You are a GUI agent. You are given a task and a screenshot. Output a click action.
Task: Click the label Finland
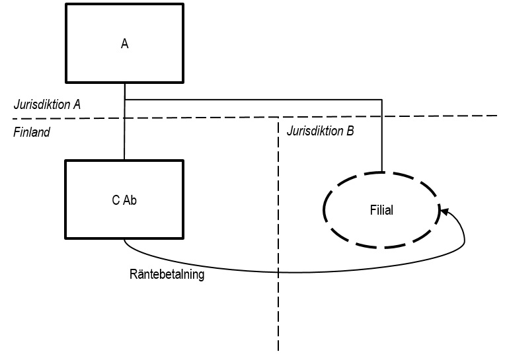(x=32, y=132)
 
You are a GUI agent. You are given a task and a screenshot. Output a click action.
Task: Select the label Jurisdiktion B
(x=321, y=131)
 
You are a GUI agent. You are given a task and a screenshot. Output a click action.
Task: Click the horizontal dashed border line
(x=198, y=118)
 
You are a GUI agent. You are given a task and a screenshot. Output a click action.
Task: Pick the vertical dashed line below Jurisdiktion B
(x=278, y=297)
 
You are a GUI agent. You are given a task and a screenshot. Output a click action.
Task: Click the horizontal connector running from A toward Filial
(x=251, y=100)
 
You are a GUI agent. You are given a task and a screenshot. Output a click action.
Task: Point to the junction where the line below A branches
(x=124, y=100)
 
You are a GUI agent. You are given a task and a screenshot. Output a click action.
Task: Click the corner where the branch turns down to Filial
(x=382, y=100)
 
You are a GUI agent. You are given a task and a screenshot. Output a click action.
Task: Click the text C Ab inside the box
(x=124, y=201)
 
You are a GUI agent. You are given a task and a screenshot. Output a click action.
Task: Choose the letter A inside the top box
(x=124, y=45)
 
